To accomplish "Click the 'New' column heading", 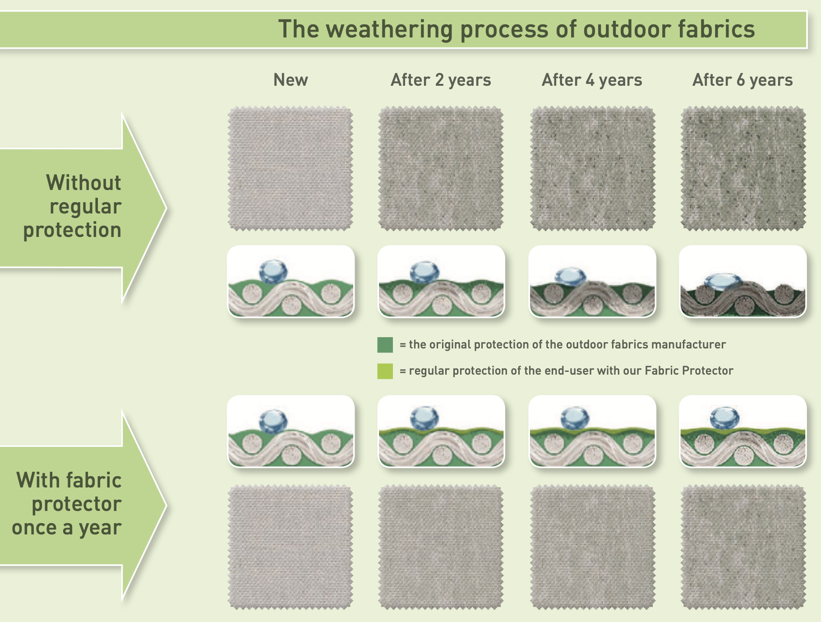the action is (x=291, y=80).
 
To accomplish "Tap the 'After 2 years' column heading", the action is (x=441, y=80).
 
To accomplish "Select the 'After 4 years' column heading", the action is (x=592, y=80).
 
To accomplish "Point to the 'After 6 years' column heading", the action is (x=743, y=80).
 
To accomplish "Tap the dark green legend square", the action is (x=385, y=345).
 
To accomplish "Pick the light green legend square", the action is (x=385, y=371).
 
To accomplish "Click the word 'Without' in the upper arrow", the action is (x=83, y=183).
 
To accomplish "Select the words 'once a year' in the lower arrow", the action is (x=67, y=528).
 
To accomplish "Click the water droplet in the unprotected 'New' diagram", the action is (x=273, y=271).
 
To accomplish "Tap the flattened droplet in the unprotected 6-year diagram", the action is (x=723, y=282).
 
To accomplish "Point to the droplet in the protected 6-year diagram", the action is (x=724, y=418).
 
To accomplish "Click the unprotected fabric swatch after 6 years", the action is (x=743, y=169).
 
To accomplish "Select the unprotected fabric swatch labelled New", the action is (x=291, y=169).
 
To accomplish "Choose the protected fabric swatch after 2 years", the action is (x=441, y=547).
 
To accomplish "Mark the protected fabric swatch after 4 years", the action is (x=592, y=547).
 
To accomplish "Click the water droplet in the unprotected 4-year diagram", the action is (x=570, y=277).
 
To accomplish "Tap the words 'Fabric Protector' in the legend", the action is (x=689, y=371).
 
